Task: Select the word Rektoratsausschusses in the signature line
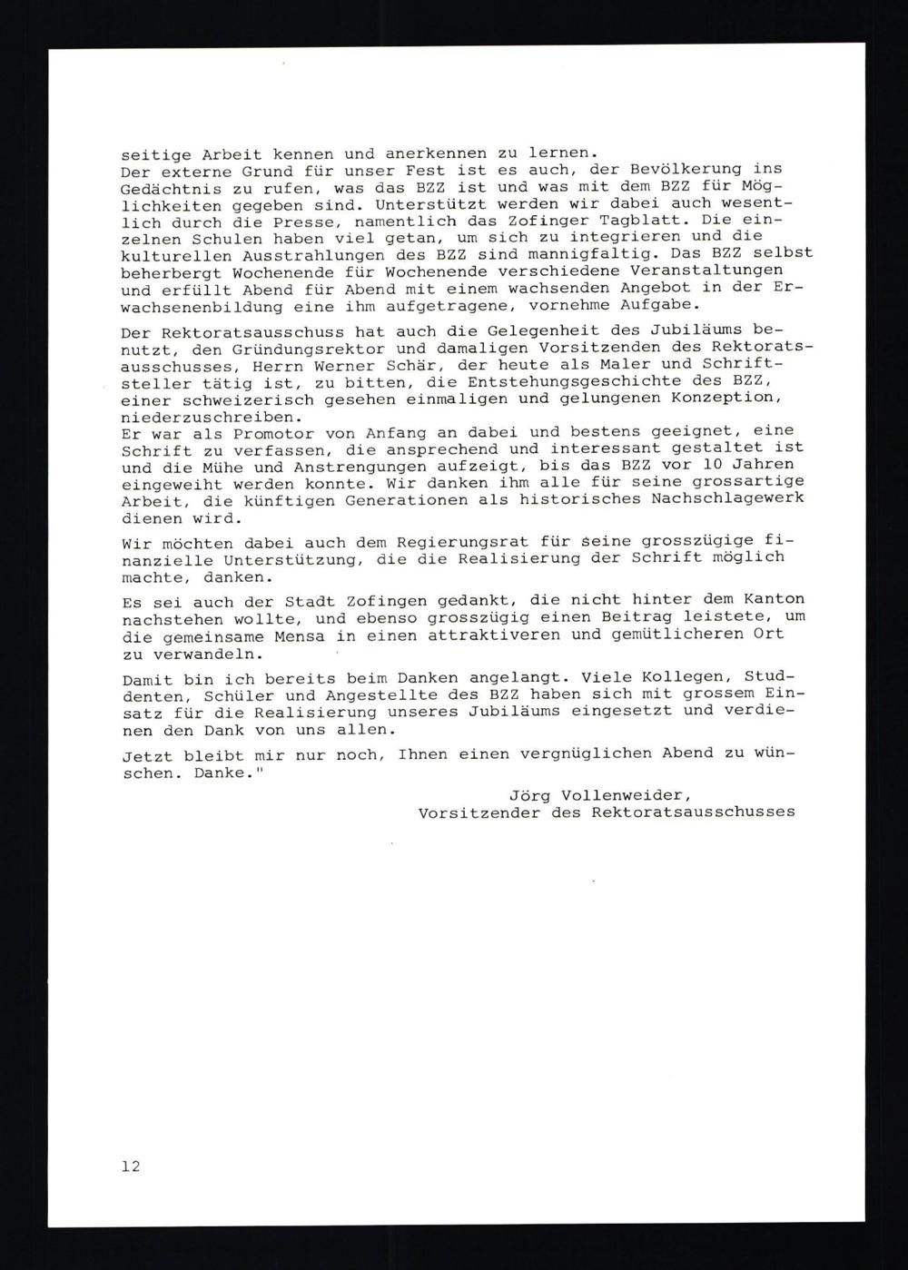(693, 812)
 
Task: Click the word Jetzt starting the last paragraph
(145, 754)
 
